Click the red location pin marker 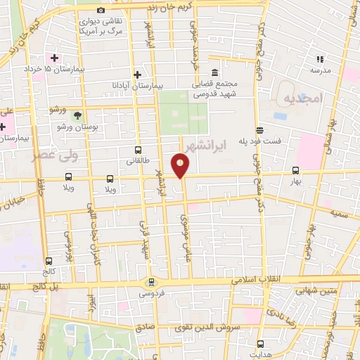(181, 166)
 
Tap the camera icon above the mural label (101, 10)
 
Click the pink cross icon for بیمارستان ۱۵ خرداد (53, 57)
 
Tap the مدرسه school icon (321, 60)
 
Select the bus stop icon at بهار (295, 170)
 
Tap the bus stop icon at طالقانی (138, 150)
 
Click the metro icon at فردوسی (149, 283)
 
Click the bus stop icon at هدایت (261, 344)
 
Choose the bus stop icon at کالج (48, 261)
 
